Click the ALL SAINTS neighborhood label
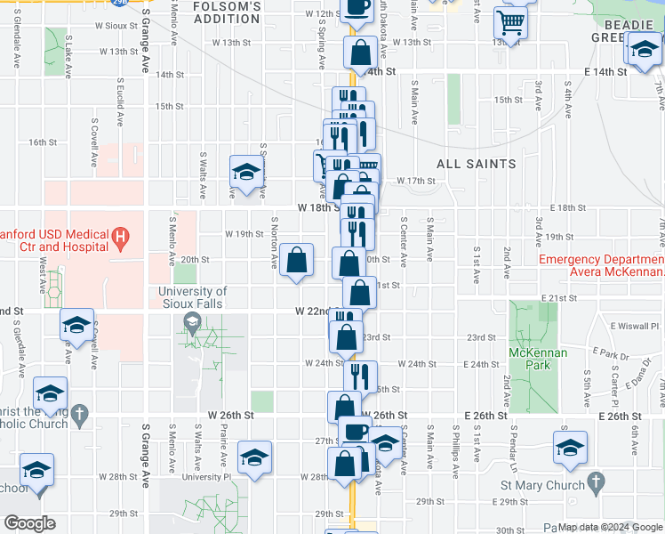click(x=476, y=164)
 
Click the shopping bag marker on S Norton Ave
click(x=299, y=261)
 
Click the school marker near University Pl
click(x=255, y=458)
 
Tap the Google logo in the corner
click(x=29, y=523)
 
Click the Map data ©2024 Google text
click(x=611, y=527)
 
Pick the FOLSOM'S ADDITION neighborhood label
click(x=227, y=12)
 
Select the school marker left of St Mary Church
click(x=570, y=448)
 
